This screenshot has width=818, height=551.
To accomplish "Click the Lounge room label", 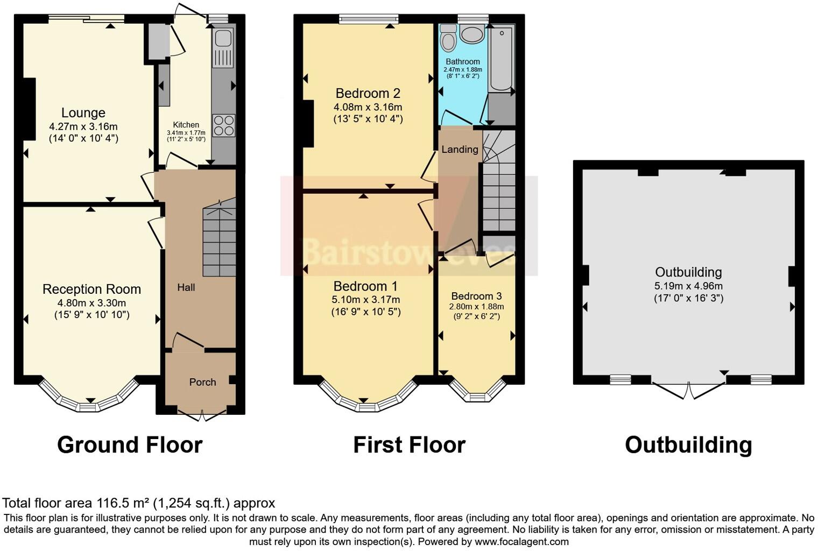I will click(83, 113).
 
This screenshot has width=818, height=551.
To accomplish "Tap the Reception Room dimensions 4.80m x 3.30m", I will click(91, 303).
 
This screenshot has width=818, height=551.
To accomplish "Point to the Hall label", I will click(186, 287).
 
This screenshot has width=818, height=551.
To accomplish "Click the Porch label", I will click(202, 382).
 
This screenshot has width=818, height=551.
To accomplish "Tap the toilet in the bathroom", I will click(448, 38).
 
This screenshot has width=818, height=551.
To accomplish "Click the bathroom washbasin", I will click(472, 36).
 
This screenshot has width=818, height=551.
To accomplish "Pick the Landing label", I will click(460, 150).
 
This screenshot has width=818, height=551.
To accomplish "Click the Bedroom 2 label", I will click(368, 93).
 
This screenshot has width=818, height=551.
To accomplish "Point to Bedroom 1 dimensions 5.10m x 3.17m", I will click(366, 299).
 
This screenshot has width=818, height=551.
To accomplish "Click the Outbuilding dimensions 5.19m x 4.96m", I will click(688, 286).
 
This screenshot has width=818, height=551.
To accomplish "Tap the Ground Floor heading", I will click(130, 445).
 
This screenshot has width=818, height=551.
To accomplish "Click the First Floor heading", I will click(409, 445).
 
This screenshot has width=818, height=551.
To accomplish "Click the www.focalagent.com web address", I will click(521, 541).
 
